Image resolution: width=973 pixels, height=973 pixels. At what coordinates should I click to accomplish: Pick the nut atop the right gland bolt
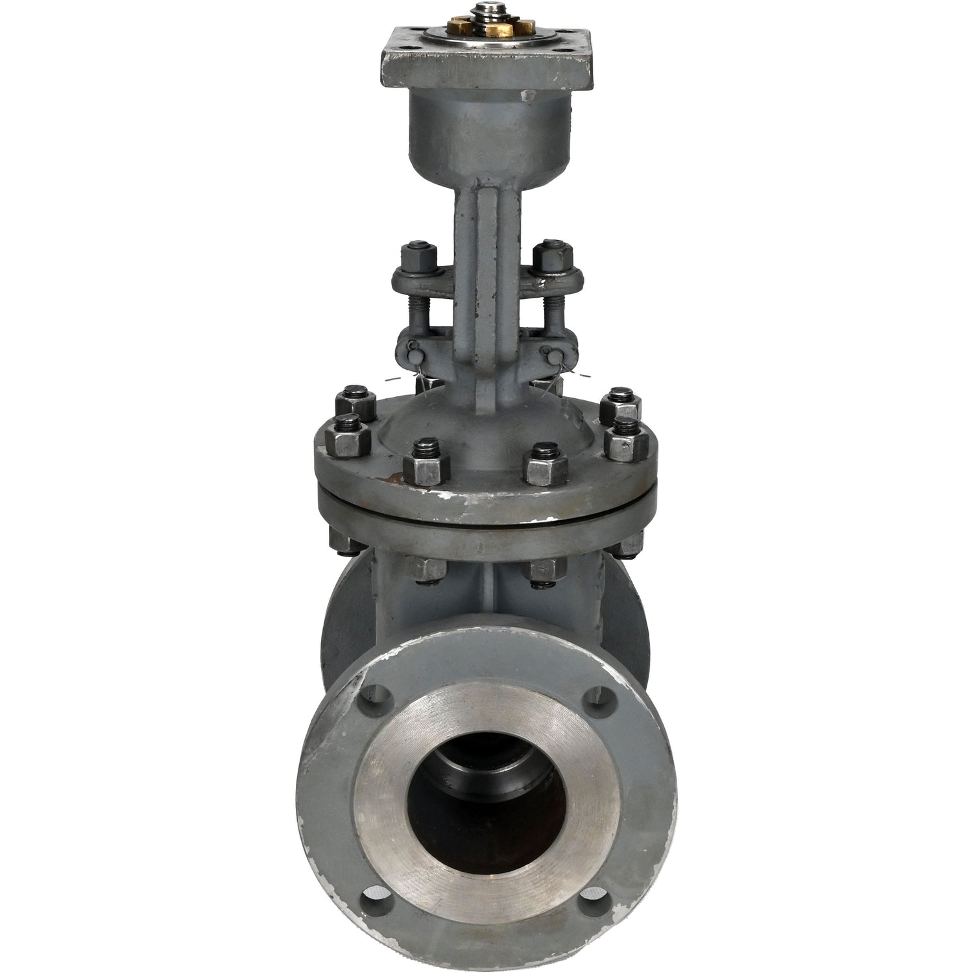tap(550, 256)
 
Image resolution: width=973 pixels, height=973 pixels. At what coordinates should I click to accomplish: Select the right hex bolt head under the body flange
tap(544, 570)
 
